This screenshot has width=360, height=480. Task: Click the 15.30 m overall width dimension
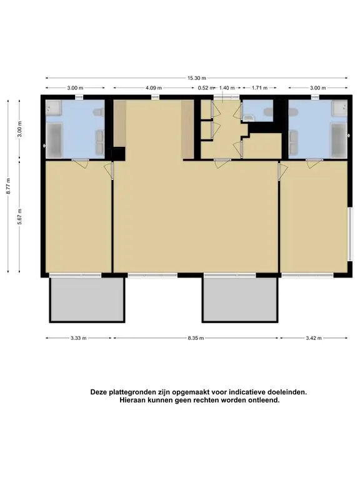(196, 78)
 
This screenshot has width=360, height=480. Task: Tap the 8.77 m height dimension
(9, 186)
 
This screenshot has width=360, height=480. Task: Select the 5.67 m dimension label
(19, 216)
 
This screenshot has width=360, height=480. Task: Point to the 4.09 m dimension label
(154, 88)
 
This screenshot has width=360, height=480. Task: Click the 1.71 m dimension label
(259, 88)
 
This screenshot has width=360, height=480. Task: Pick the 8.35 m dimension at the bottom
(196, 338)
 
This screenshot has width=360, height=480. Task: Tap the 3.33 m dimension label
(78, 338)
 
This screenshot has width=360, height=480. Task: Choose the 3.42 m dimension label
(314, 338)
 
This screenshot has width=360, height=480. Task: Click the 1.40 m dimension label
(227, 88)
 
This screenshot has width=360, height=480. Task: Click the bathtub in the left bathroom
(54, 140)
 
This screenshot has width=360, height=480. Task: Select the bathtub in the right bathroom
(339, 140)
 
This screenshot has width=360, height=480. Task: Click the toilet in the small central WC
(269, 112)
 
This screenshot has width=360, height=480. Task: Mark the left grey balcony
(87, 300)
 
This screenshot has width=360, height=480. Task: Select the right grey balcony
(240, 300)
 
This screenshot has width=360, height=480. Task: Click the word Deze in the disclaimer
(99, 392)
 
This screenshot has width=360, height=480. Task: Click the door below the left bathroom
(81, 162)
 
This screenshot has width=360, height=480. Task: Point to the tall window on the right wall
(349, 234)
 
